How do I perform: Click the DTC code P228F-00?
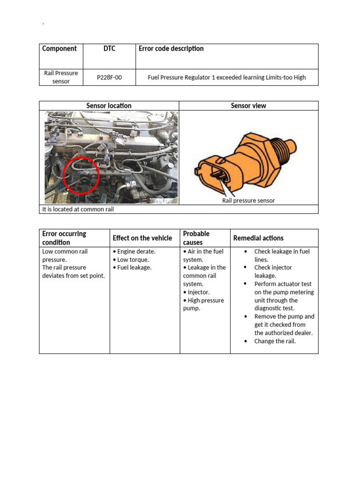coord(109,77)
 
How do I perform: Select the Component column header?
coord(60,49)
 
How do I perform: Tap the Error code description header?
coord(171,49)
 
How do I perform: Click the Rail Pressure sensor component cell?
coord(61,77)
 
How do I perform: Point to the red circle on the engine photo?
coord(81,175)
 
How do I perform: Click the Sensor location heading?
coord(109,105)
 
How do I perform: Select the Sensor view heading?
coord(248,105)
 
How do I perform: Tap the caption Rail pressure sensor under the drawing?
coord(248,201)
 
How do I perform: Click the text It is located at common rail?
coord(78,209)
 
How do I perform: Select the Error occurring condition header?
coord(64,238)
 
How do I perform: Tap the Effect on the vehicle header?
coord(142,238)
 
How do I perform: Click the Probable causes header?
coord(196,238)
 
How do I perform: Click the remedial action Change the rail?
coord(275,341)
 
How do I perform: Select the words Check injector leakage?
coord(273,271)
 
